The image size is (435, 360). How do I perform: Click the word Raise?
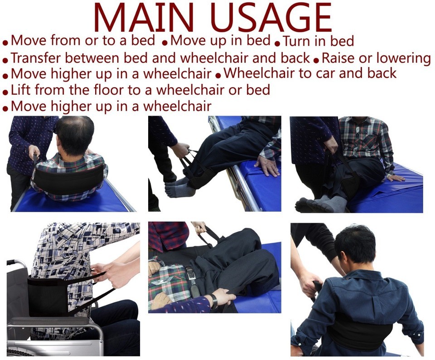pos(338,58)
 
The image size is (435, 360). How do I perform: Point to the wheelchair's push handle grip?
pos(13,262)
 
